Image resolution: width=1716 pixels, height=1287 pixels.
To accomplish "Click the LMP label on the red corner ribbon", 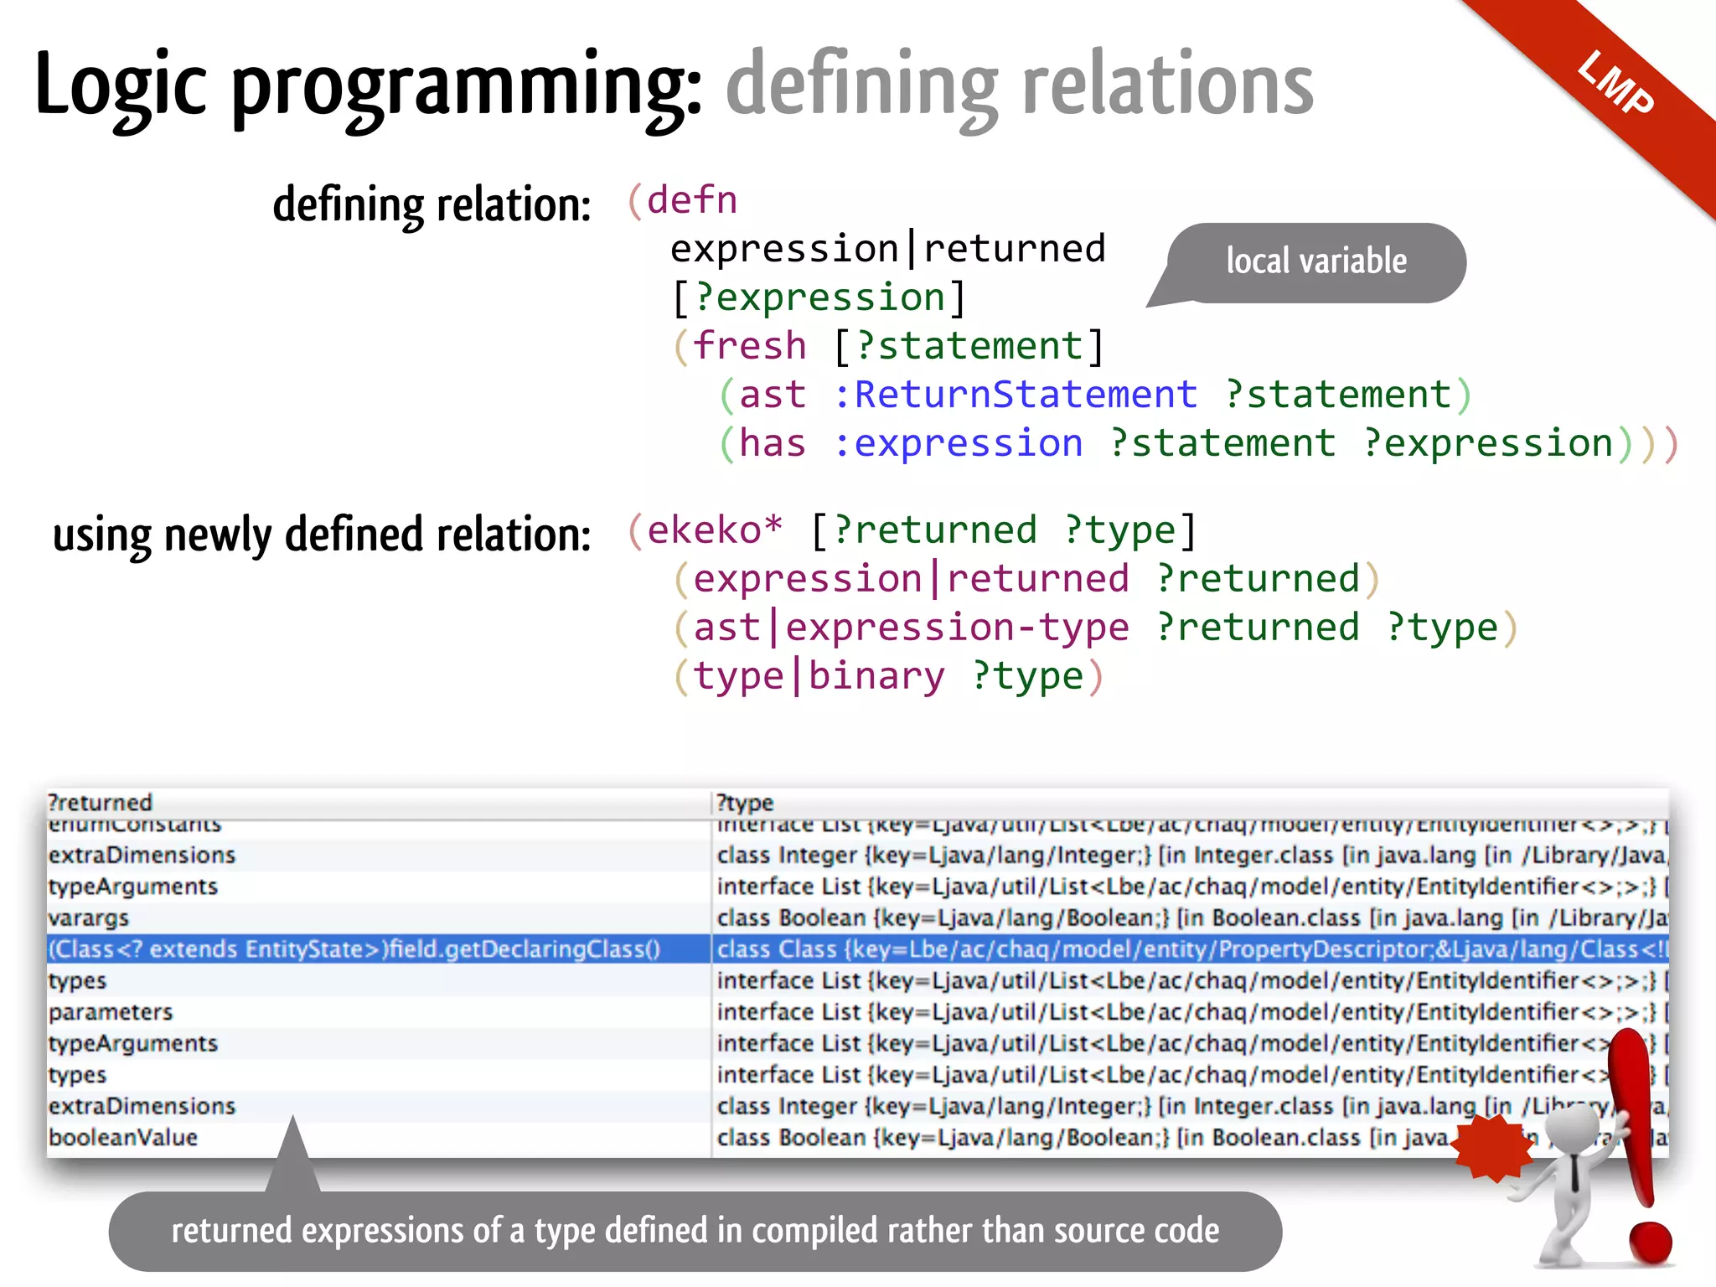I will tap(1615, 83).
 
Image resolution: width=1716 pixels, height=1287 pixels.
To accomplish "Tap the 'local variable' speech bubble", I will tap(1315, 261).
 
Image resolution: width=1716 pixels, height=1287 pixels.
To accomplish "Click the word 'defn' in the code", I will tap(692, 200).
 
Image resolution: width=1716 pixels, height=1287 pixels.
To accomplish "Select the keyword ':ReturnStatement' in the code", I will tap(1015, 395).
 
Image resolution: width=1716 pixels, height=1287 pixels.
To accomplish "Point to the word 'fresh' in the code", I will tap(749, 346).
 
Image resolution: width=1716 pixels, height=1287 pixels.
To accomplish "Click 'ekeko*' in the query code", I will tap(715, 530).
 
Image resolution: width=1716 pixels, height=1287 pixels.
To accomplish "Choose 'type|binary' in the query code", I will tap(819, 676).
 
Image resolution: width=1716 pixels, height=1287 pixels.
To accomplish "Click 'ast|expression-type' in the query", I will tap(911, 628).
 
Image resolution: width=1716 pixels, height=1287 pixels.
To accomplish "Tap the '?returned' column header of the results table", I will tap(101, 803).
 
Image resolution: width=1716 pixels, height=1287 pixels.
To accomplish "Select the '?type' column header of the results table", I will tap(745, 803).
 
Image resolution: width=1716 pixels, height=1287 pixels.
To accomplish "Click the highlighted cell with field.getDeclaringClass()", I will tap(354, 949).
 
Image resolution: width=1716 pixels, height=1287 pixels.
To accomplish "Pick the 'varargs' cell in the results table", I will tap(89, 918).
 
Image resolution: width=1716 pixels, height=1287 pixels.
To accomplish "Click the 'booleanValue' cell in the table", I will tap(123, 1138).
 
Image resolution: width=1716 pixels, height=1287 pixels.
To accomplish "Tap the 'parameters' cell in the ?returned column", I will tap(111, 1012).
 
